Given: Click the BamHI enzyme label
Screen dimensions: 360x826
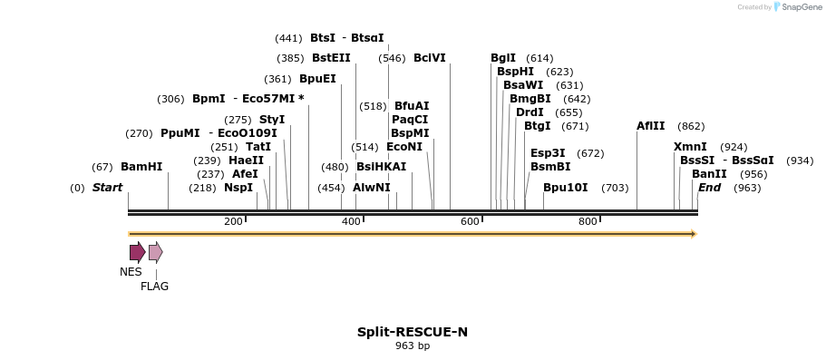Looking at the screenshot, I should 141,167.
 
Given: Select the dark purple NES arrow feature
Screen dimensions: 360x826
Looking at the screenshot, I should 137,252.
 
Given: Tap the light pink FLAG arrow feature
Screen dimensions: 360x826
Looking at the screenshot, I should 155,252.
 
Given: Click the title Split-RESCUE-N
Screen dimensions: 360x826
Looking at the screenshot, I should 413,332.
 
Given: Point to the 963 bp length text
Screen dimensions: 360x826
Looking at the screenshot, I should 413,346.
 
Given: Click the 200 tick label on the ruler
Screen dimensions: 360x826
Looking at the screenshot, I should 233,222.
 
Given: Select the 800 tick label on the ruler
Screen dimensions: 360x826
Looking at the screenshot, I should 588,222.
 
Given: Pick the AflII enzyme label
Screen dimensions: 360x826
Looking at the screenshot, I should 650,126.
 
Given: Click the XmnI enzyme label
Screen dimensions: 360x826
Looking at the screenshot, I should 690,147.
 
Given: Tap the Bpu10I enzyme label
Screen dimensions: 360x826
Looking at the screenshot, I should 566,188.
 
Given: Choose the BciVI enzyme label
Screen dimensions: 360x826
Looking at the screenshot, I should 430,58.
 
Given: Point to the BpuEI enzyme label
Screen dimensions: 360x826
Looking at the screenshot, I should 317,79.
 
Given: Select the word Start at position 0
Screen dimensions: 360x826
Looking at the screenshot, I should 107,188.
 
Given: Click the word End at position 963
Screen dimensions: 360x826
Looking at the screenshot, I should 709,188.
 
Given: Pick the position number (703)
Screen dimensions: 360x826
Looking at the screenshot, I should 615,188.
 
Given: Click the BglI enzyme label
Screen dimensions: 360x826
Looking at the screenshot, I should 503,58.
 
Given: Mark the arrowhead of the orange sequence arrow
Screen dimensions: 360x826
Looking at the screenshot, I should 694,234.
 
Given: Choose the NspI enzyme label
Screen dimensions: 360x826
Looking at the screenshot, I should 238,188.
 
